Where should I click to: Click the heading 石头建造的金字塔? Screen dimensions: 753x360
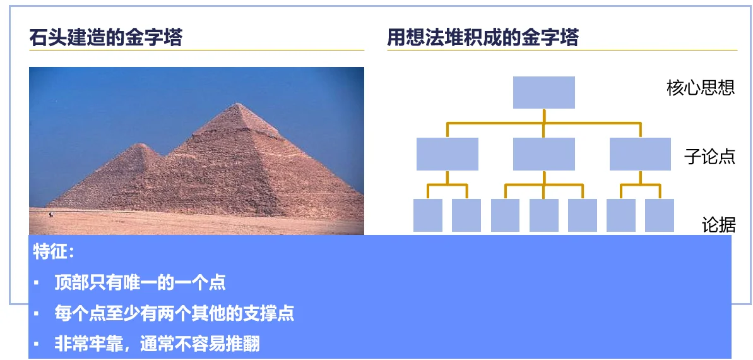pos(105,37)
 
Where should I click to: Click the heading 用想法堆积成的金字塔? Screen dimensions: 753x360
pos(483,37)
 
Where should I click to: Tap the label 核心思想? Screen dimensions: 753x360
pos(701,88)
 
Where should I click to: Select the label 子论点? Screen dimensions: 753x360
pos(710,157)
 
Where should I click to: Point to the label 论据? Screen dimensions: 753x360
pos(718,225)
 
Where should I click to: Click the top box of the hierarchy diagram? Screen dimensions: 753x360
pos(543,92)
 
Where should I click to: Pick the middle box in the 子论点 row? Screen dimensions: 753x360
pos(543,154)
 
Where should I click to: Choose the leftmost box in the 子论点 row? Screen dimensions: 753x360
pos(447,154)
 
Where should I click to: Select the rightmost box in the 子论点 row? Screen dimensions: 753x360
pos(640,154)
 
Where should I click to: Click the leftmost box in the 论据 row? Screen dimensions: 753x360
pos(428,215)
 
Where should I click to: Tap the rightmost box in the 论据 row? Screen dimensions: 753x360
pos(660,215)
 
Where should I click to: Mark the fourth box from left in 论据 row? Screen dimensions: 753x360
pos(543,215)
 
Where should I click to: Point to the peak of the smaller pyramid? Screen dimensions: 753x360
pos(139,144)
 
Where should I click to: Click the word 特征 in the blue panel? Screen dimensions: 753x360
pos(49,251)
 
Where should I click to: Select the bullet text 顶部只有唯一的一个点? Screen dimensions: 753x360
pos(139,283)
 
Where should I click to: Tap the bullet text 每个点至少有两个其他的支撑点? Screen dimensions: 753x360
pos(174,314)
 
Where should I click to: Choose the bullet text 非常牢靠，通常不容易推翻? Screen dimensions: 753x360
pos(157,345)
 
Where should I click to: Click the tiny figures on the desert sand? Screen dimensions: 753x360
pos(51,214)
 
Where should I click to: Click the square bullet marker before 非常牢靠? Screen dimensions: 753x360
pos(36,344)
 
